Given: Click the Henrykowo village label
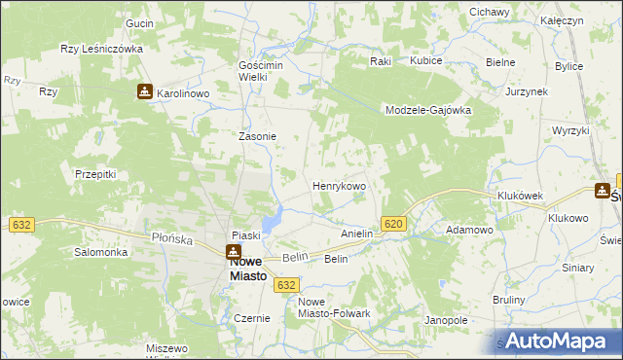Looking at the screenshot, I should (x=339, y=185).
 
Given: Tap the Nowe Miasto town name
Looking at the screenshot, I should (x=234, y=269).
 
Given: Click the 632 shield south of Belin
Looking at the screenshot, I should (x=285, y=284).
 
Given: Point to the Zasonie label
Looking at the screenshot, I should (x=258, y=136).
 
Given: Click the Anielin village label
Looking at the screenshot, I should (x=357, y=234).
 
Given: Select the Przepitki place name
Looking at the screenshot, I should (x=95, y=174).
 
